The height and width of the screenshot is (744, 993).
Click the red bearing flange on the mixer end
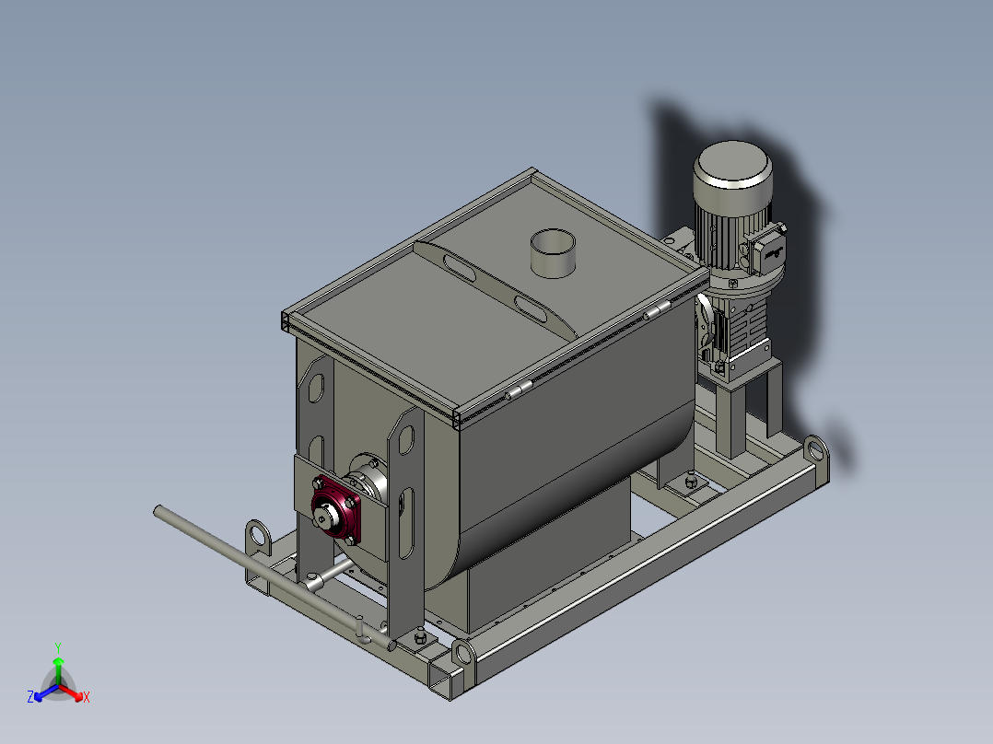(x=335, y=508)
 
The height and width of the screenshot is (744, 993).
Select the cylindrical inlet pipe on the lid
(x=553, y=252)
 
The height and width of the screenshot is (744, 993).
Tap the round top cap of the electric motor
(x=732, y=164)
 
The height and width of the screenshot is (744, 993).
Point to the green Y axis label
(x=58, y=647)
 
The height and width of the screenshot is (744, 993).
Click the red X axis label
(x=87, y=697)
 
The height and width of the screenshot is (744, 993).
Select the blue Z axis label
(x=30, y=696)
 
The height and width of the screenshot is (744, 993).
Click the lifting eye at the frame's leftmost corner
(x=258, y=536)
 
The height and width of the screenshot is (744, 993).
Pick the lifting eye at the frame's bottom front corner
(x=464, y=655)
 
